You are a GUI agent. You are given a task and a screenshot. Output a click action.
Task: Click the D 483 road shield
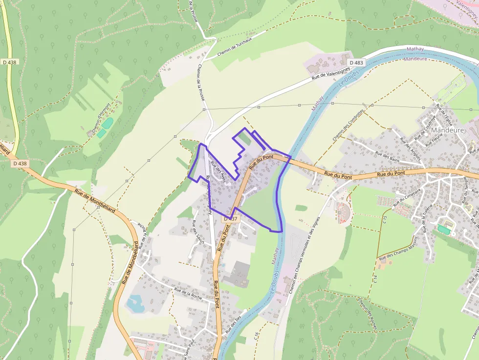coord(356,63)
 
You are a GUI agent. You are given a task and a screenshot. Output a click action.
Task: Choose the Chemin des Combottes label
coord(348,125)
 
